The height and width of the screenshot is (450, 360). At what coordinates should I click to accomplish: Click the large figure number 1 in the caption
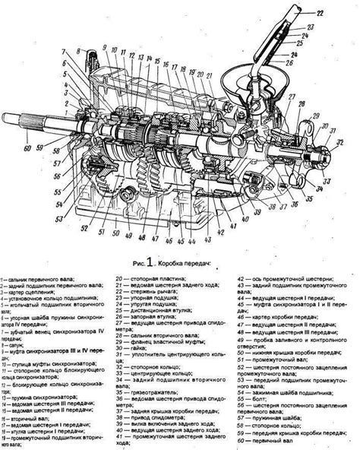150,263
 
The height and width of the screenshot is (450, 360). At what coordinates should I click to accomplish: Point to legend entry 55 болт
257,408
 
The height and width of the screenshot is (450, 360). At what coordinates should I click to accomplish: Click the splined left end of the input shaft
15,120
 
